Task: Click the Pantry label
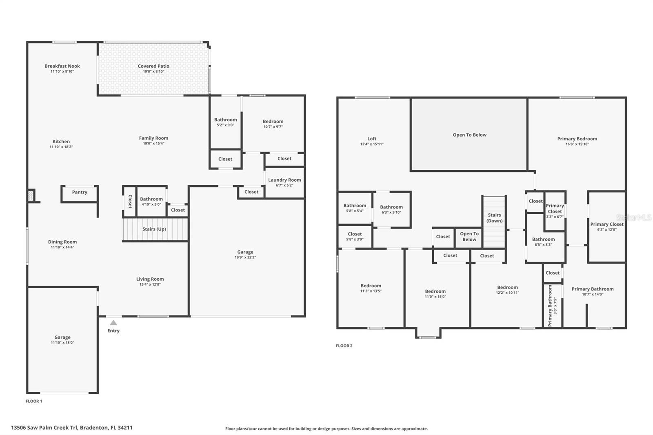pyautogui.click(x=80, y=192)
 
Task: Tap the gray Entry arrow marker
pyautogui.click(x=113, y=322)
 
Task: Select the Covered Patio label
pyautogui.click(x=153, y=66)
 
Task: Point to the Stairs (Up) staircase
pyautogui.click(x=155, y=229)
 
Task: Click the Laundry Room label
pyautogui.click(x=284, y=180)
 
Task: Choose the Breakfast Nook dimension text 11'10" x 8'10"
pyautogui.click(x=62, y=71)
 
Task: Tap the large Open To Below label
pyautogui.click(x=469, y=135)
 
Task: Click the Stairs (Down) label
pyautogui.click(x=494, y=218)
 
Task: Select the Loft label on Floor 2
pyautogui.click(x=372, y=139)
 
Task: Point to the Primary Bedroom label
pyautogui.click(x=577, y=139)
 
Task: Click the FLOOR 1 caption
pyautogui.click(x=34, y=401)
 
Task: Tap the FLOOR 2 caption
pyautogui.click(x=344, y=346)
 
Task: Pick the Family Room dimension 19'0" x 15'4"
pyautogui.click(x=153, y=144)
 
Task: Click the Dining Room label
pyautogui.click(x=62, y=242)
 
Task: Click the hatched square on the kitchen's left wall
pyautogui.click(x=31, y=195)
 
